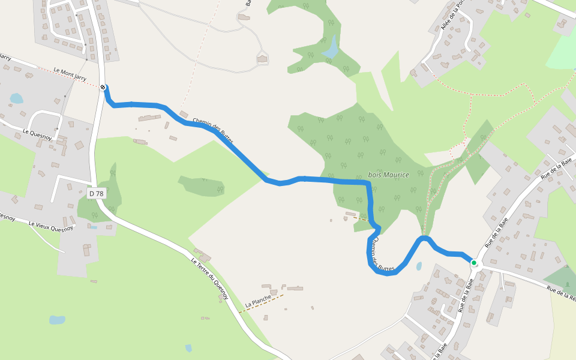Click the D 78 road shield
pos(96,193)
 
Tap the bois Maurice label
pos(388,175)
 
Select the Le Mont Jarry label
pos(70,74)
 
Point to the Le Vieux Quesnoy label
pos(51,226)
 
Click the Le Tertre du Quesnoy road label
pos(209,278)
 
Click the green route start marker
pos(474,263)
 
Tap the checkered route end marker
pos(103,88)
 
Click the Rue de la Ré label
pos(560,293)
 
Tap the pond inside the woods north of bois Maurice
pos(330,47)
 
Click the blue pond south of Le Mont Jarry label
pos(16,98)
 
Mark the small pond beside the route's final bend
pos(418,266)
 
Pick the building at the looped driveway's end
pos(262,58)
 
